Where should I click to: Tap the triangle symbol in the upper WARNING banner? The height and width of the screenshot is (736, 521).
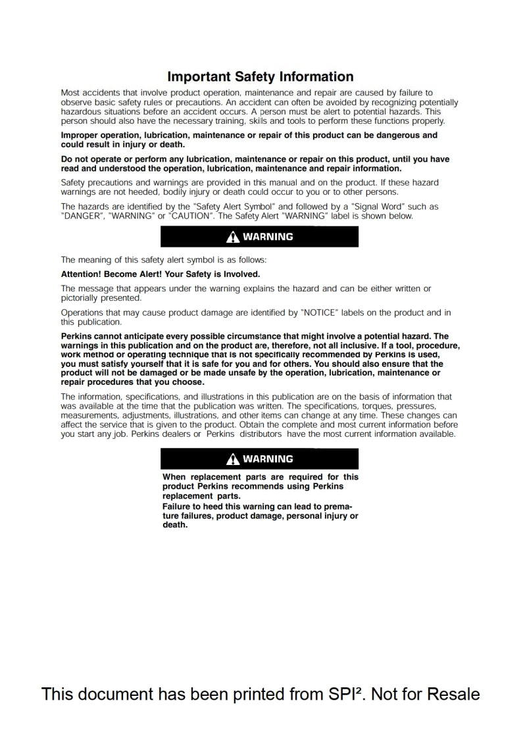click(x=234, y=237)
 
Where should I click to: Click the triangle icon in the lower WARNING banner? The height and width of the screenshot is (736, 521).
click(x=234, y=459)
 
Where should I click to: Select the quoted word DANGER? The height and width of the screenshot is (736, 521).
click(x=82, y=216)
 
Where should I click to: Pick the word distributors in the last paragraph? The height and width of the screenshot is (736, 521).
click(x=261, y=434)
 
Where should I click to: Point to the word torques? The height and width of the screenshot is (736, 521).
click(x=383, y=406)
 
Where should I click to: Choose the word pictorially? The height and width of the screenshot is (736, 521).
click(x=83, y=297)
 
